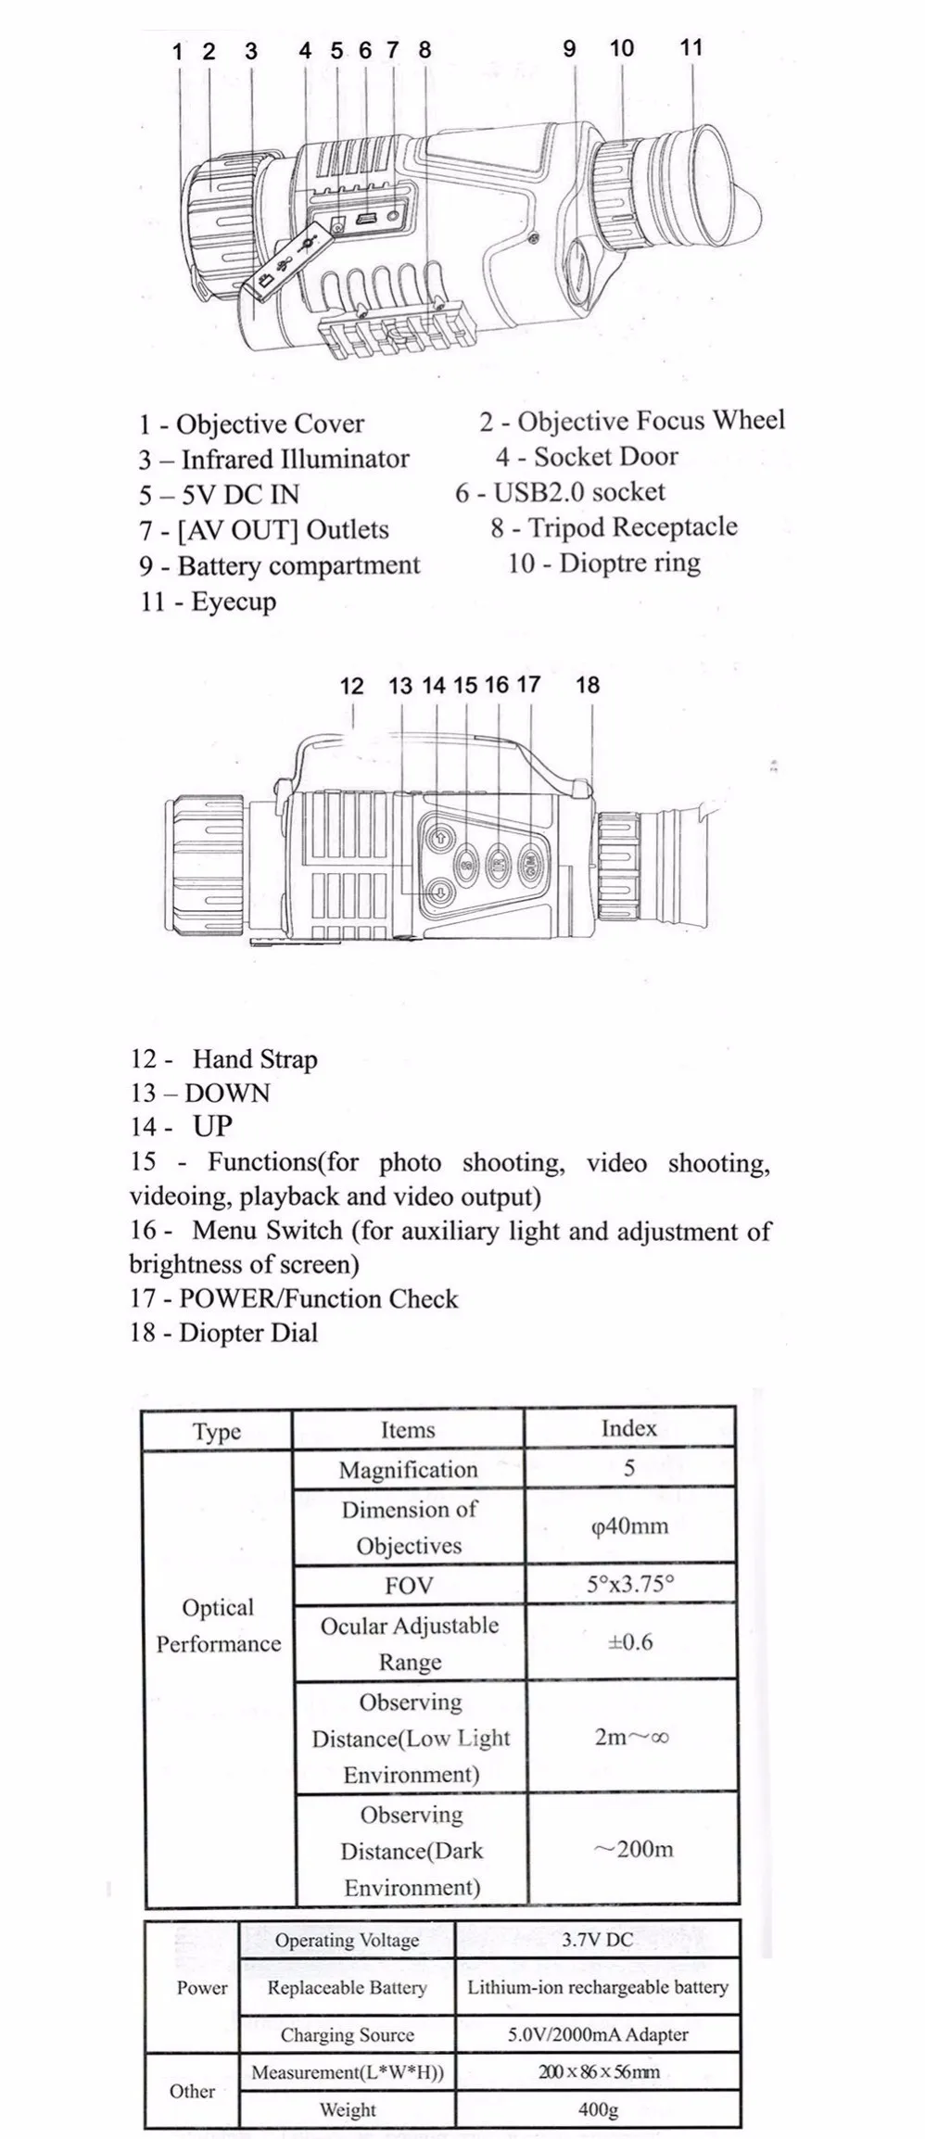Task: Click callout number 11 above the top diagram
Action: click(691, 47)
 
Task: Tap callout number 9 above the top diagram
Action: click(569, 48)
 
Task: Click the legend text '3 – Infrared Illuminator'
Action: click(274, 459)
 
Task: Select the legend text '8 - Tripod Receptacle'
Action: click(615, 527)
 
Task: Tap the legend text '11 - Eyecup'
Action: click(209, 601)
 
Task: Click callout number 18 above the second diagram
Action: click(588, 685)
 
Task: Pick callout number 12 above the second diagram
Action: click(351, 686)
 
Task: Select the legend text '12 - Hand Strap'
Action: click(224, 1059)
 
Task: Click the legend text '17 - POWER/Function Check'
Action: click(294, 1298)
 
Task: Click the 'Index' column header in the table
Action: click(628, 1428)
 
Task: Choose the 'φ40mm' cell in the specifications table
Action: click(629, 1526)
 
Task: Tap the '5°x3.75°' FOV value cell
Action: click(629, 1584)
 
